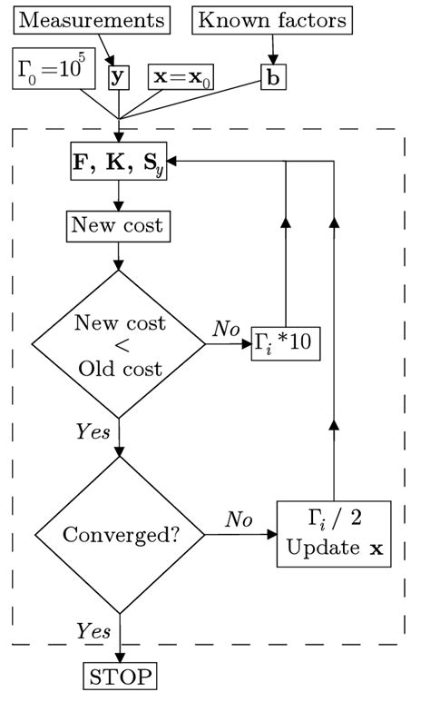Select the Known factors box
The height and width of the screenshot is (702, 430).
point(271,19)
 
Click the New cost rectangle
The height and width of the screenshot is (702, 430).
point(119,224)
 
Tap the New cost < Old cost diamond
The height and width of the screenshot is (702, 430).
point(119,345)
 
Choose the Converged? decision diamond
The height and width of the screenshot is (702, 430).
point(119,534)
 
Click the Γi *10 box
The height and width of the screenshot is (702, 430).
point(287,346)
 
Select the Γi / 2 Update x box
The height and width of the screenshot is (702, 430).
point(336,534)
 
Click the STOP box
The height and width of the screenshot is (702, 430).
point(119,676)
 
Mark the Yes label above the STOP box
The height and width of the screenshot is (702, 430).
point(93,630)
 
